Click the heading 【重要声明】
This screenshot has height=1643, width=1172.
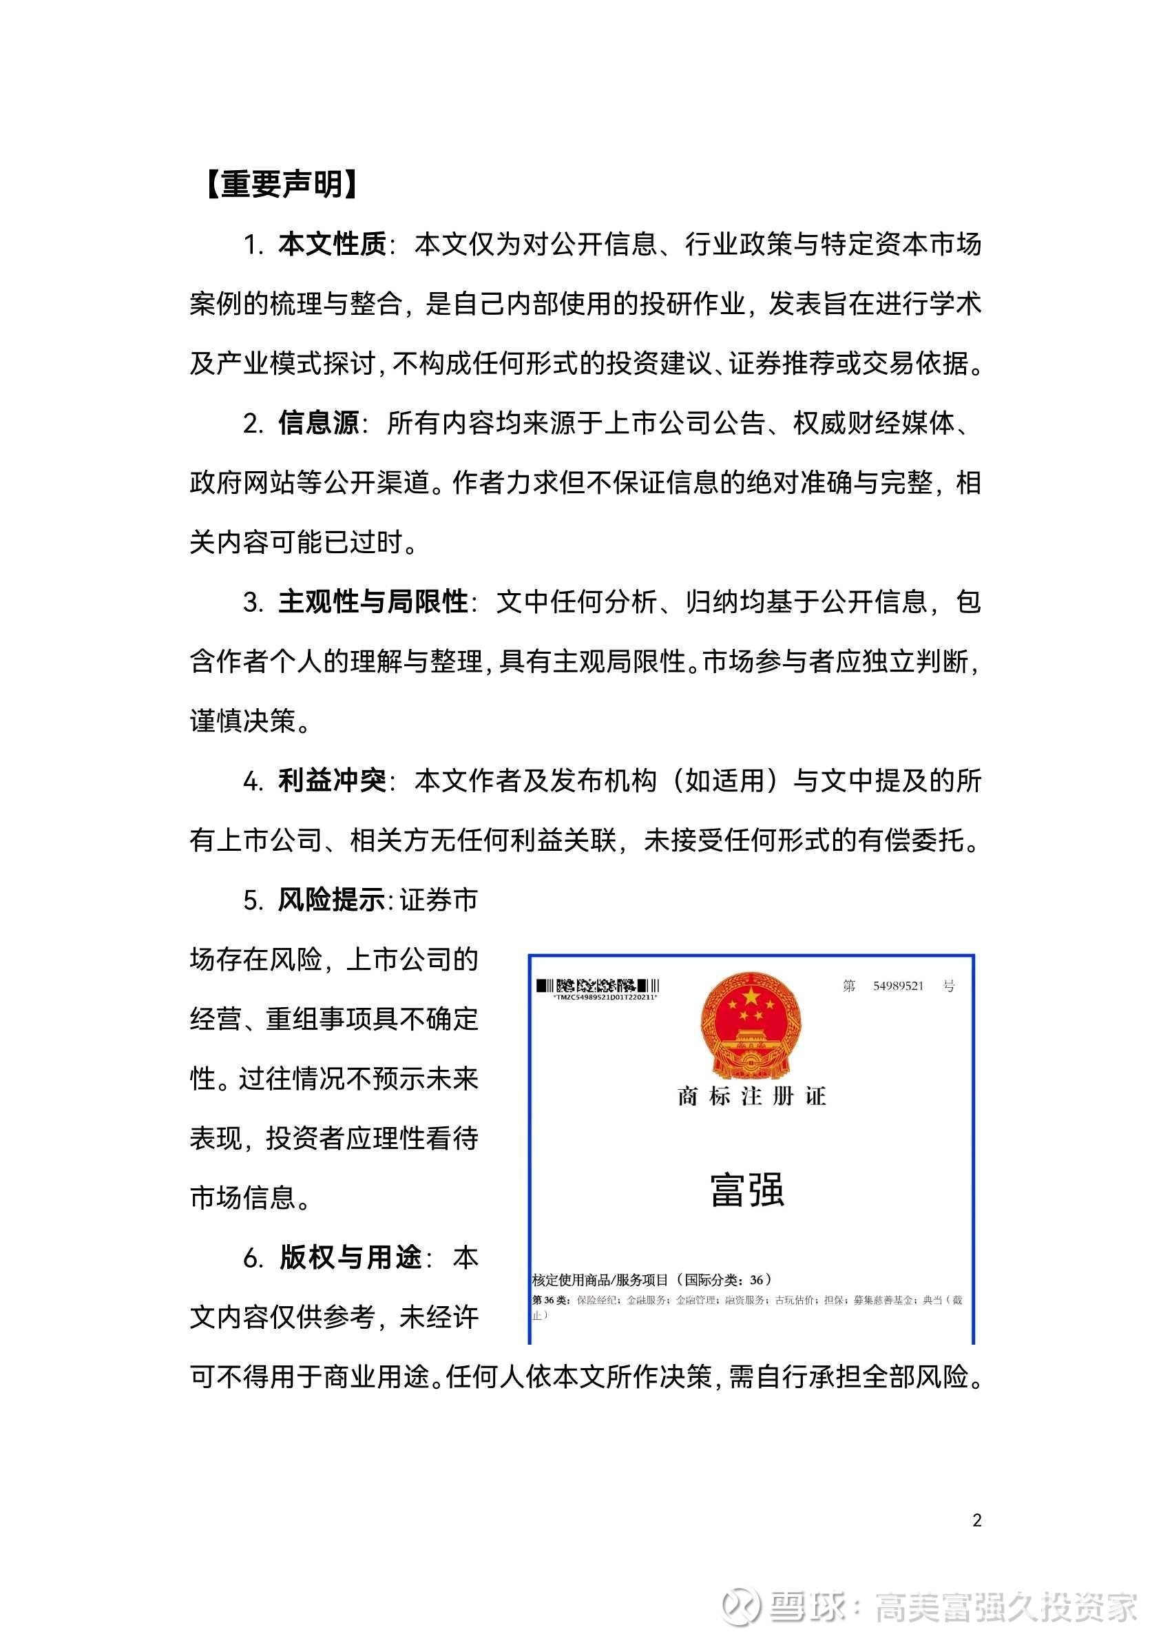282,185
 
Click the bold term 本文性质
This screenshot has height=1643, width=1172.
332,245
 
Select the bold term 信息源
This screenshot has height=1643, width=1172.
318,423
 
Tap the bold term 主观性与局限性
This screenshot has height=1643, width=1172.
373,601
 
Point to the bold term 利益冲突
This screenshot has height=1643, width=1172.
332,781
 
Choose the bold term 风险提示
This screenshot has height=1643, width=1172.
332,900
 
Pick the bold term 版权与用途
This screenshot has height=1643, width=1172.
350,1257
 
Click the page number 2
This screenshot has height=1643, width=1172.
976,1520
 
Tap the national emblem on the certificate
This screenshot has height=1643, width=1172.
751,1025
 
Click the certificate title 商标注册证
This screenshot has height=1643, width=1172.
751,1097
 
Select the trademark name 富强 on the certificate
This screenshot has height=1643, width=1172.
747,1190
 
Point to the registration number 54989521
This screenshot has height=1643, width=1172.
898,986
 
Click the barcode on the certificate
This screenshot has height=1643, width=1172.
598,986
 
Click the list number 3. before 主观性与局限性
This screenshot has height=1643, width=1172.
253,602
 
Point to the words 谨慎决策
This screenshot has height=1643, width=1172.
242,721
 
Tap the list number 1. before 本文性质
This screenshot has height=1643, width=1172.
253,245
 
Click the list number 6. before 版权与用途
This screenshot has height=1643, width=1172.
253,1257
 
